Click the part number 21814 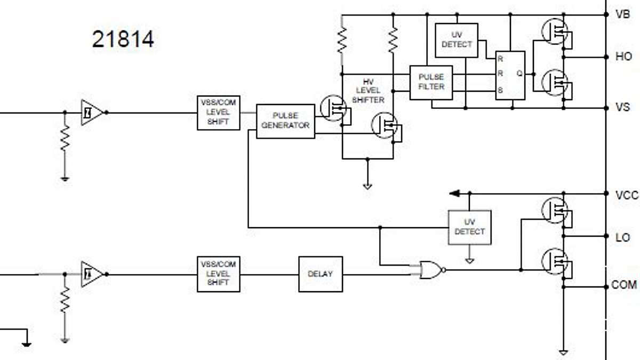pos(123,39)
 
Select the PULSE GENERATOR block pos(285,121)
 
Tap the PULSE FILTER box pos(431,82)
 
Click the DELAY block pos(320,274)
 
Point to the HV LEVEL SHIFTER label pos(368,91)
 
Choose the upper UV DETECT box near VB pos(457,40)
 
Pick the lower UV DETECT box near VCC pos(469,227)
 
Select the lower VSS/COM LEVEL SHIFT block pos(218,274)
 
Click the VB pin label pos(622,14)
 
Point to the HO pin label pos(623,57)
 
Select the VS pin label pos(622,108)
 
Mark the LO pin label pos(622,237)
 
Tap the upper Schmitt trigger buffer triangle pos(91,113)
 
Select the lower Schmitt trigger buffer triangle pos(91,274)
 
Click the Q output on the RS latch pos(519,74)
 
